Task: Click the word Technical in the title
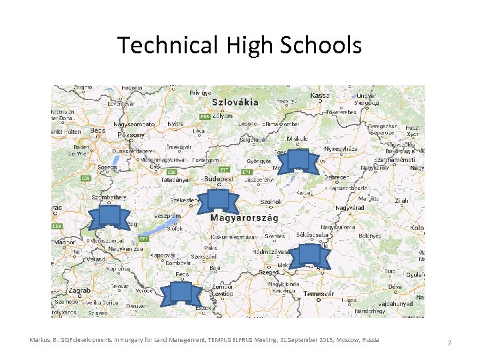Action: pyautogui.click(x=167, y=45)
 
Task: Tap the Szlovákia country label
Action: pyautogui.click(x=235, y=103)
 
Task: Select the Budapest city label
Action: pyautogui.click(x=218, y=179)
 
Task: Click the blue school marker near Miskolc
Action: pyautogui.click(x=297, y=161)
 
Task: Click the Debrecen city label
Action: pyautogui.click(x=333, y=178)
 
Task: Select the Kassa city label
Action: pyautogui.click(x=320, y=95)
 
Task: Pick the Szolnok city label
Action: pyautogui.click(x=271, y=201)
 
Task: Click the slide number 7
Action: pyautogui.click(x=449, y=343)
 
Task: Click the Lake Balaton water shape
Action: pyautogui.click(x=157, y=230)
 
